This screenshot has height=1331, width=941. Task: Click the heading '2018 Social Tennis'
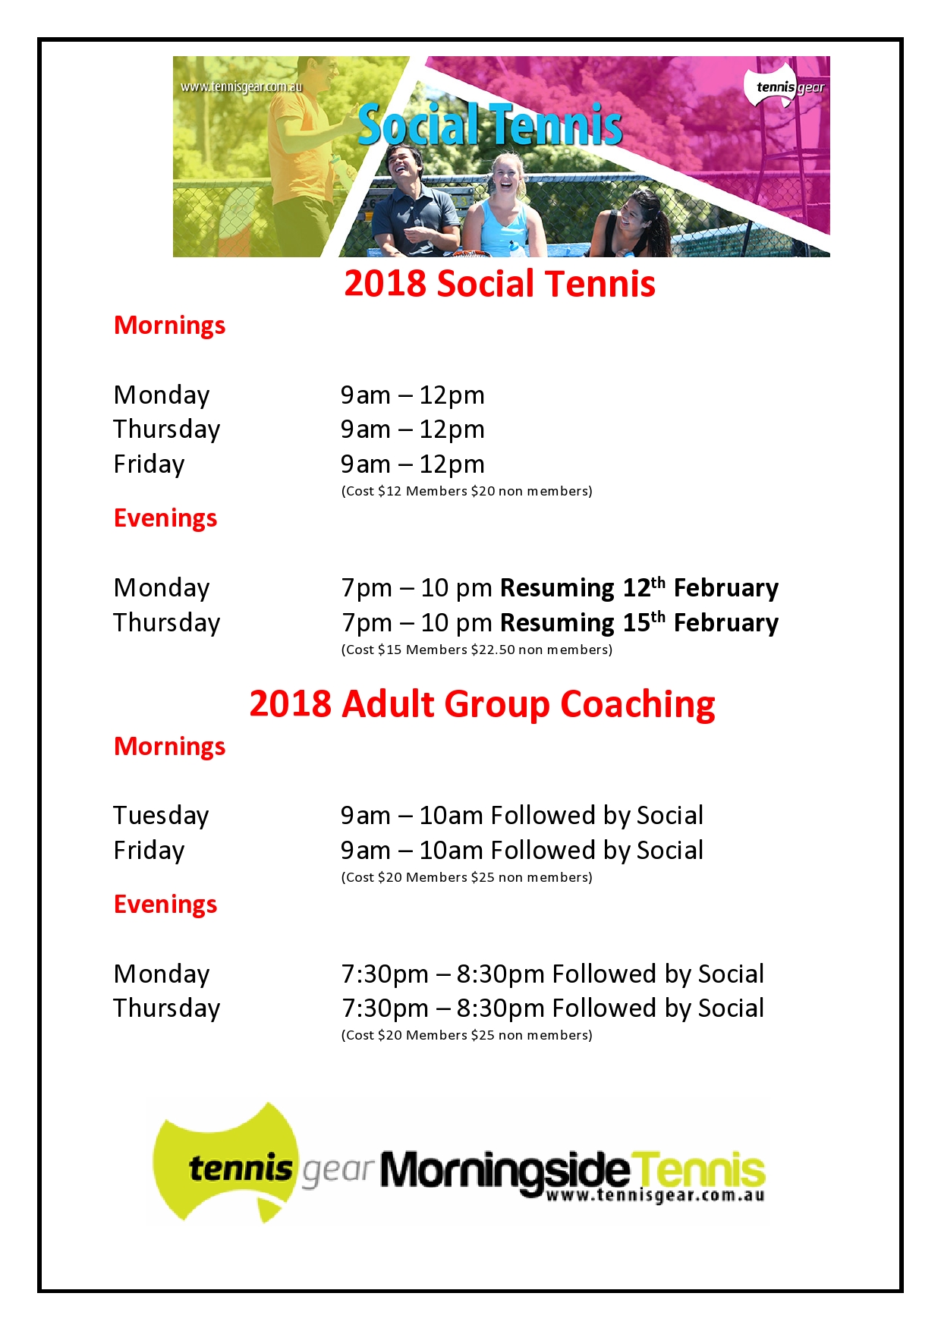click(499, 284)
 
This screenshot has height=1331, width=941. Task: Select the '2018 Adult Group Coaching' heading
click(482, 704)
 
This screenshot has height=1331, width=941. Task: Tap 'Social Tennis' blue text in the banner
click(490, 125)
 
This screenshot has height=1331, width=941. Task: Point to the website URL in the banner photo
click(241, 87)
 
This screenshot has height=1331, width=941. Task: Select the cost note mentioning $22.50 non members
click(477, 650)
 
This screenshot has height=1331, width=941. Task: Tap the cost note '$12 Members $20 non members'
click(467, 491)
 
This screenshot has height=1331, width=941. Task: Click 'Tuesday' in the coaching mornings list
click(161, 816)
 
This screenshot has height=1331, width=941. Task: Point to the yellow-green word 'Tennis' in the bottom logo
click(698, 1169)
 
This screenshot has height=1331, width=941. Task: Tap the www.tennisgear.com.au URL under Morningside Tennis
click(654, 1197)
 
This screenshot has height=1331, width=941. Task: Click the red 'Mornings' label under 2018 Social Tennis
click(169, 326)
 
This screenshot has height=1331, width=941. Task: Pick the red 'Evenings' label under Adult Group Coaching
click(165, 905)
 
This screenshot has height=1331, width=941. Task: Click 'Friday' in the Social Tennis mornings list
click(149, 464)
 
